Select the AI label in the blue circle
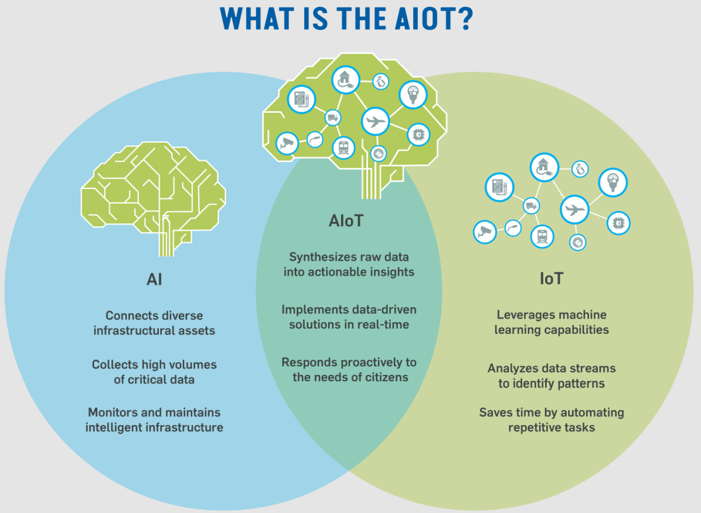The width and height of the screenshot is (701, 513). coord(154,279)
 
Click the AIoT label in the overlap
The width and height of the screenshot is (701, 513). coord(346,221)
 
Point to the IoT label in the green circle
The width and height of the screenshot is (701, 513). coord(551,278)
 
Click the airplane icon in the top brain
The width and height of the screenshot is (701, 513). coord(375,121)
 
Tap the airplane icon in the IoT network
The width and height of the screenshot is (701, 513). coord(575,209)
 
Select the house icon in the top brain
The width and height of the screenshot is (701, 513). coord(345,80)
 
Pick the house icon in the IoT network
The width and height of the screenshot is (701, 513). coord(544,167)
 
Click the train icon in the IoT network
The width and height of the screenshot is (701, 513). coord(542,236)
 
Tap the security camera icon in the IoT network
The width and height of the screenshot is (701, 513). coord(485,232)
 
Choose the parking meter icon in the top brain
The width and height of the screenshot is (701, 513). coord(413,95)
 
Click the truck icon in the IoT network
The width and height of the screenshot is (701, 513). coord(531,206)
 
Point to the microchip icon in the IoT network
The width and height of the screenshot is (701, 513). coord(619,223)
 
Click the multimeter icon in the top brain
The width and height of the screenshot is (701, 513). coord(301,99)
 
